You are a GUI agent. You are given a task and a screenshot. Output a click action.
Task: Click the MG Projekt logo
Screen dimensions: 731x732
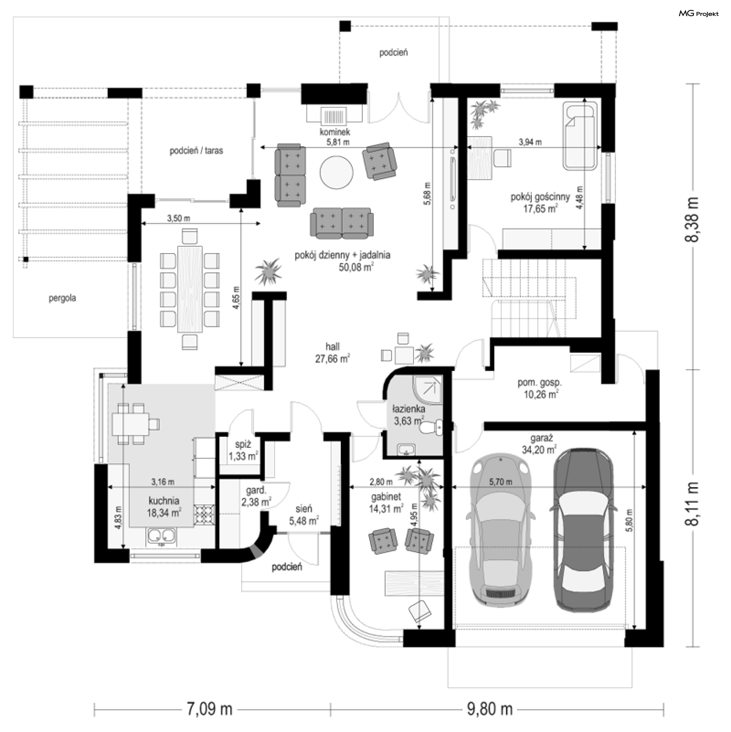699,14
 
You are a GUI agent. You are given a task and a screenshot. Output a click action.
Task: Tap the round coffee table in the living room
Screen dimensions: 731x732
336,173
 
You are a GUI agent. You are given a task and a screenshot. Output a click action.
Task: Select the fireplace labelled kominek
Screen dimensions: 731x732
335,115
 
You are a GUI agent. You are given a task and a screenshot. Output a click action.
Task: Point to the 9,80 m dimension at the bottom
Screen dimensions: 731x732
490,710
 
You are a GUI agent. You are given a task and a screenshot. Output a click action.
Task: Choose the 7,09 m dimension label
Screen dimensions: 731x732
209,710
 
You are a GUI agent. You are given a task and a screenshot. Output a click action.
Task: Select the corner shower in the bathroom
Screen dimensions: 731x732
428,390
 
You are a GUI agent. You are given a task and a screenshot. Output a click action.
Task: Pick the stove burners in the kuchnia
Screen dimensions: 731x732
204,514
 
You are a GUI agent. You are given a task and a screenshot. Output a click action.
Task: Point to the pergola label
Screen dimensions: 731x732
62,298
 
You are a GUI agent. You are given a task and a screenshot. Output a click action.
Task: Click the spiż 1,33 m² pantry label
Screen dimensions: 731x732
243,450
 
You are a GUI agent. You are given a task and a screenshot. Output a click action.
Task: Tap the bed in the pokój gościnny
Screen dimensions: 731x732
580,137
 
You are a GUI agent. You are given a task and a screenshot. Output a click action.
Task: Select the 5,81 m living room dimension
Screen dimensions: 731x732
338,142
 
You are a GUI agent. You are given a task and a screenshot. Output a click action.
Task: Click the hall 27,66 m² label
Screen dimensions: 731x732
332,353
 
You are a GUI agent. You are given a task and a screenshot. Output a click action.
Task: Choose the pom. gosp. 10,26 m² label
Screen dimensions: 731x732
540,388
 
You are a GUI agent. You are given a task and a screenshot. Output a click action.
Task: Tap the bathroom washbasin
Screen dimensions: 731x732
408,450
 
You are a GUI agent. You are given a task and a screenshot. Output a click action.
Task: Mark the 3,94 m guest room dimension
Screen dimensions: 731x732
530,142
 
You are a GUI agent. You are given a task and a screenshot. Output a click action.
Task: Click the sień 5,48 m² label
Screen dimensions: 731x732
303,515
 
